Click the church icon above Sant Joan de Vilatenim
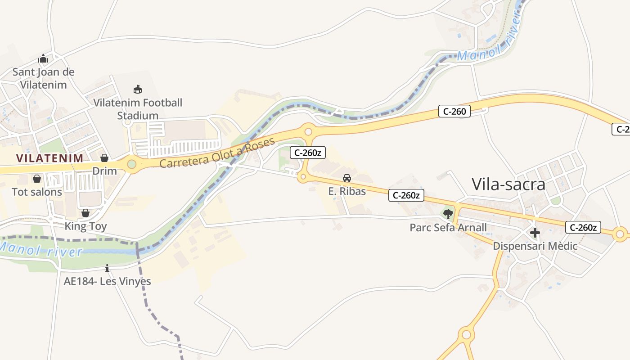coord(43,58)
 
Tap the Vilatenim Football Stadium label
coord(138,109)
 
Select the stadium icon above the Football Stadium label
coord(138,89)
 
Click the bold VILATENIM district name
coord(49,158)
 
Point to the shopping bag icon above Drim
coord(104,158)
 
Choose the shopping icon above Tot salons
coord(37,179)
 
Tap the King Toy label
coord(85,226)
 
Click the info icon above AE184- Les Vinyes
coord(107,269)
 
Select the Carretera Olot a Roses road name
coord(217,153)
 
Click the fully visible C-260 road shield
coord(454,111)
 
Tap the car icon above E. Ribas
coord(346,178)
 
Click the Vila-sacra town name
coord(508,184)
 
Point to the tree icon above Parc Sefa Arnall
coord(448,214)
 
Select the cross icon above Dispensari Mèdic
coord(535,233)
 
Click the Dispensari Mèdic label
coord(535,246)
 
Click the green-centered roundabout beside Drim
coord(131,164)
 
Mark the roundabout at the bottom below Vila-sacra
coord(467,335)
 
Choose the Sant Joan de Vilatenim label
coord(43,78)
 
